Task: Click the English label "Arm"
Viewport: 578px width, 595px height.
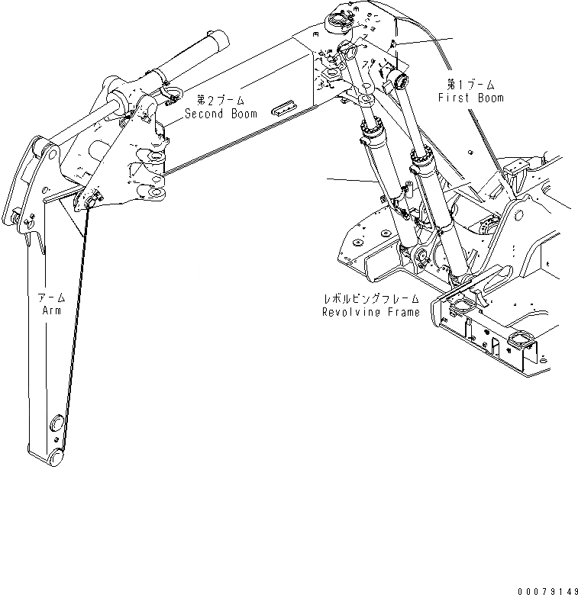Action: point(52,310)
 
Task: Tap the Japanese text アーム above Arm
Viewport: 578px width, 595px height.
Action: point(52,297)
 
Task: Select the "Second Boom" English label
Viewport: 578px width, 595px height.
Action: point(221,113)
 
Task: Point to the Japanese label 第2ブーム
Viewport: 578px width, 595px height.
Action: point(221,100)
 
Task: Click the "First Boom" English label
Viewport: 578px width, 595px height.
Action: point(470,98)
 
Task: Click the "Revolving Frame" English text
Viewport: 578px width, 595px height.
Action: point(371,312)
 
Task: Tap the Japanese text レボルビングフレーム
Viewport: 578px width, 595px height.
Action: point(371,299)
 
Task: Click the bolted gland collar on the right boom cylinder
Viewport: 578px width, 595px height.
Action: point(421,162)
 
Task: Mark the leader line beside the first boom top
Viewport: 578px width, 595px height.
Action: point(424,42)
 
